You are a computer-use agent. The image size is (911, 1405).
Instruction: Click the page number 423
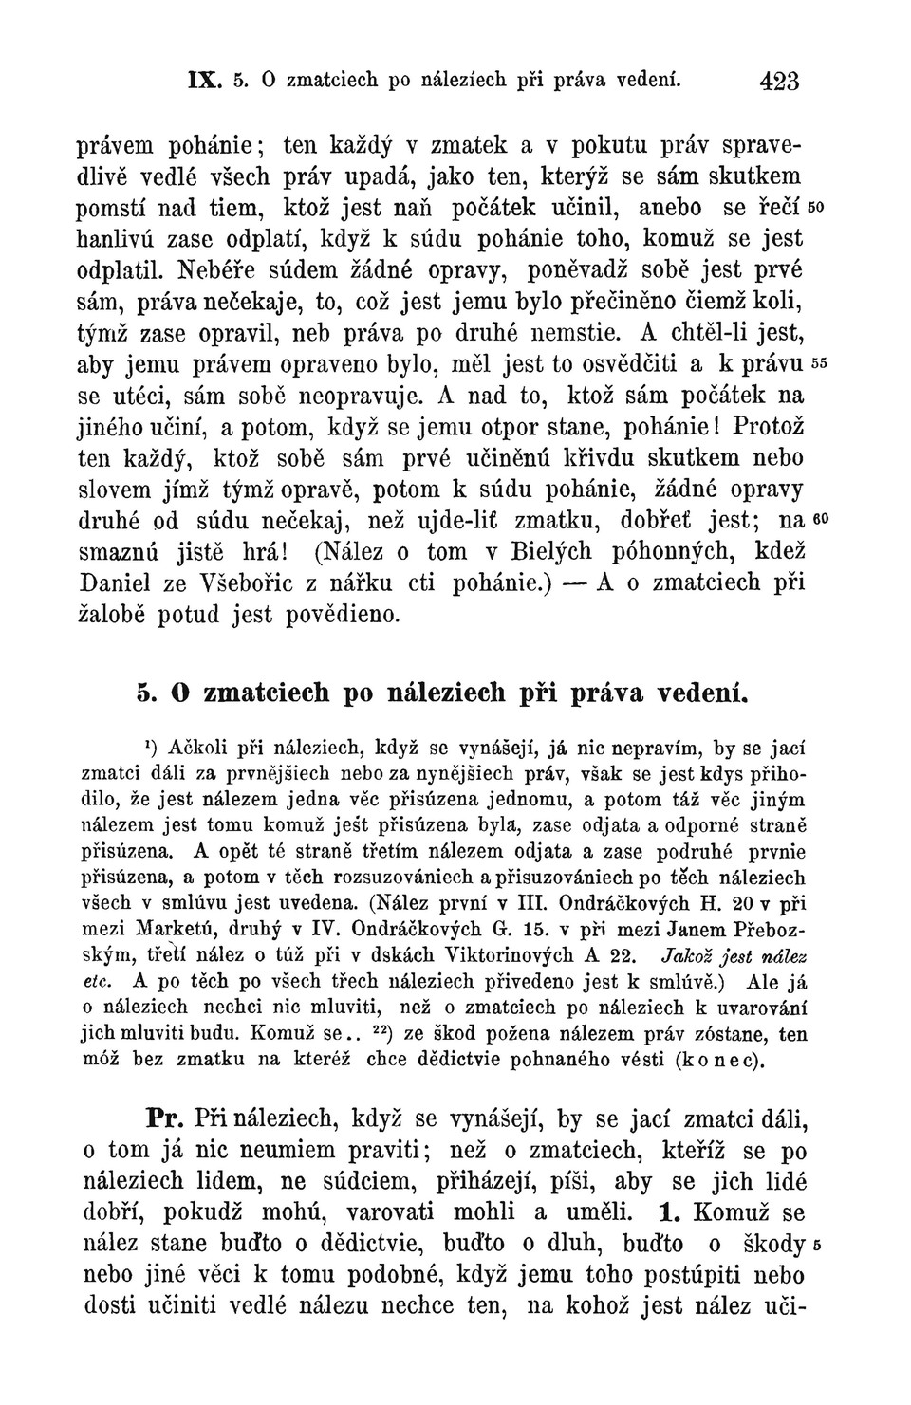pos(779,81)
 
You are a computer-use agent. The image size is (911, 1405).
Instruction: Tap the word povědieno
pos(341,615)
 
